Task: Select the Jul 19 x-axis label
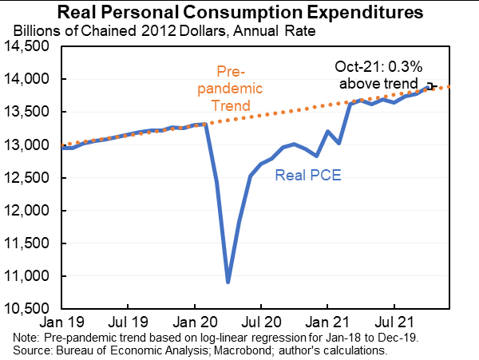[x=128, y=326]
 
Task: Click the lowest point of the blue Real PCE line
[x=228, y=282]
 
